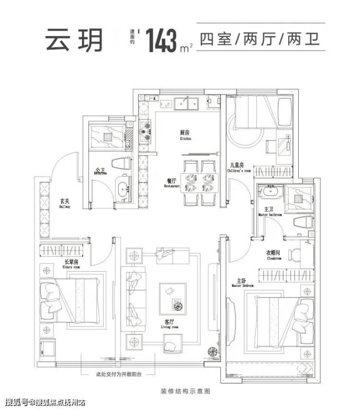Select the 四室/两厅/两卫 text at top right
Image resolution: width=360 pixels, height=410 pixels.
coord(260,39)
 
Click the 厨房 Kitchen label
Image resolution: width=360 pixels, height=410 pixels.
coord(185,134)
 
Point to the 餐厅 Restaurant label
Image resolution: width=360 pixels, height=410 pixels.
coord(172,183)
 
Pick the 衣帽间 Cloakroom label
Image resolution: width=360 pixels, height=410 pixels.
coord(273,256)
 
